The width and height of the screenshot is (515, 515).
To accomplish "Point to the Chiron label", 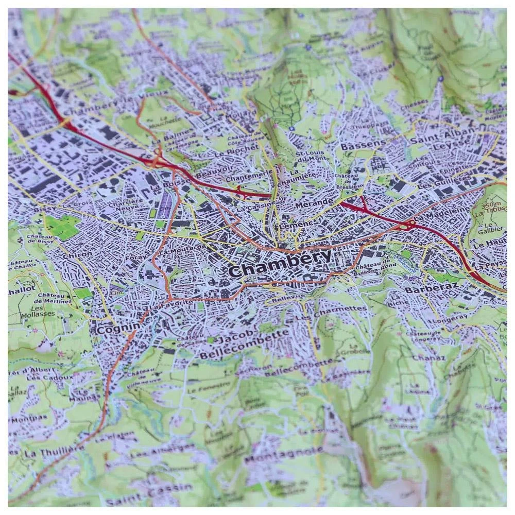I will point(77,254).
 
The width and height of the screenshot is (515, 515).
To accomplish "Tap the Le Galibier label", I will point(488,230).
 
